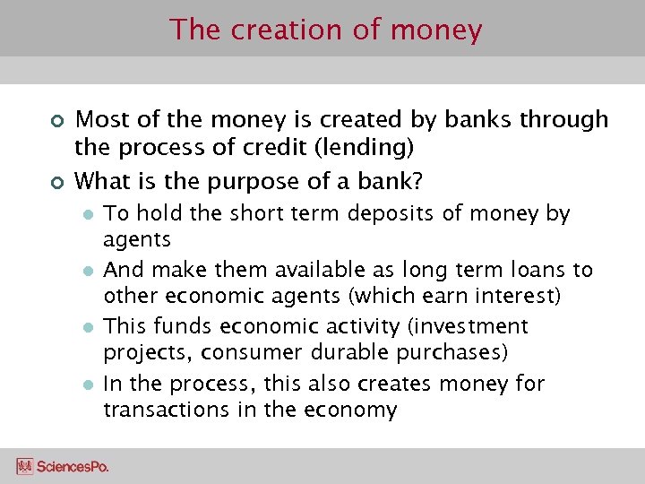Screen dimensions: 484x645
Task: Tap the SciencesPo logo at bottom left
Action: pyautogui.click(x=63, y=466)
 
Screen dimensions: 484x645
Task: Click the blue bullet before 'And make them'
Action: pyautogui.click(x=88, y=271)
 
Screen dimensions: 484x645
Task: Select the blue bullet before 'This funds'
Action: pyautogui.click(x=88, y=327)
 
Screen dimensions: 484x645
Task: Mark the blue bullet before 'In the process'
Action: pyautogui.click(x=88, y=385)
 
